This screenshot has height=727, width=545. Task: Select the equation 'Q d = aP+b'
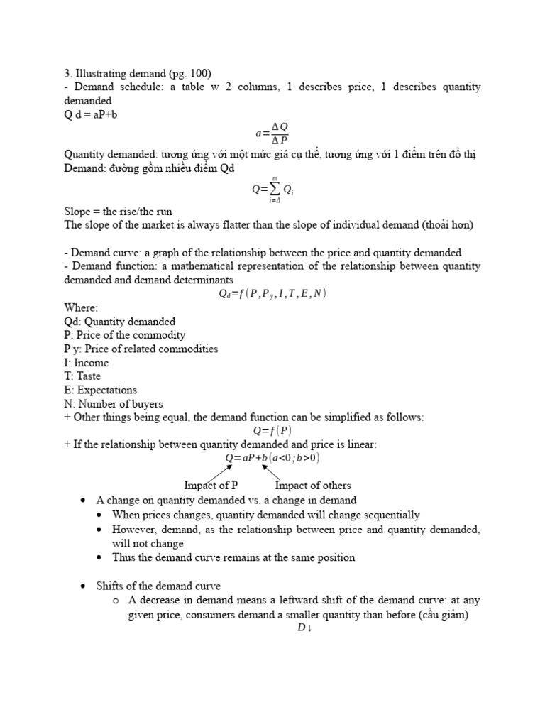click(90, 114)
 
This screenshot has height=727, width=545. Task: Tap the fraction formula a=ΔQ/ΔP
click(272, 133)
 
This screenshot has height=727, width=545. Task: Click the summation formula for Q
click(272, 190)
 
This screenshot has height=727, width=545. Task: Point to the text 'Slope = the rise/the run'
click(118, 212)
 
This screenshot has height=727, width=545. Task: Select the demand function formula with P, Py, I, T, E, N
click(272, 294)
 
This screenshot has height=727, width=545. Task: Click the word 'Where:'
click(81, 307)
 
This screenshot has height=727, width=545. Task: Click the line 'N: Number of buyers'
click(113, 403)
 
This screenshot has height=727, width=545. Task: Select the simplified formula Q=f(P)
click(272, 430)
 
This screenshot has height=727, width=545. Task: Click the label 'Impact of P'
click(211, 486)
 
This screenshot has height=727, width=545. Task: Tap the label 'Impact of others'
click(312, 486)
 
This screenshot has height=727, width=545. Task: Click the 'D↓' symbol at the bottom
click(305, 628)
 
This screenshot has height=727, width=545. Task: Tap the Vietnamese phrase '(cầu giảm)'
click(444, 614)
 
